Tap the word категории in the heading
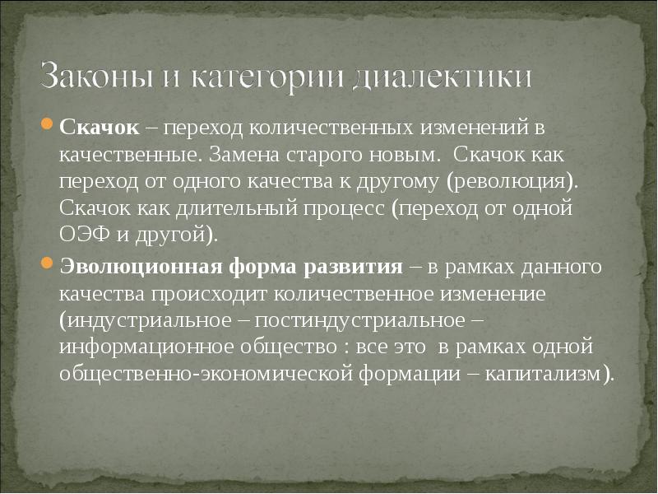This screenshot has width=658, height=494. click(270, 77)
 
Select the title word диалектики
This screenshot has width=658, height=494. click(443, 77)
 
